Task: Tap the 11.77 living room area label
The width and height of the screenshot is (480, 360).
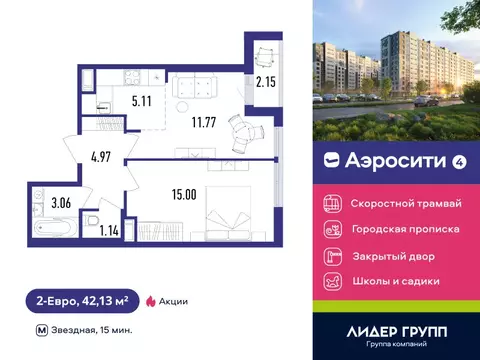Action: [x=190, y=125]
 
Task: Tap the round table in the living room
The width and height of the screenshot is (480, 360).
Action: [x=240, y=128]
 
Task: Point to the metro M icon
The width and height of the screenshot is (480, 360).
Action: [x=41, y=329]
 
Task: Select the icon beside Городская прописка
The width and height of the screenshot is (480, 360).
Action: [x=332, y=229]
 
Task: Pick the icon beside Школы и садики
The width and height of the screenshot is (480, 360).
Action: [x=332, y=282]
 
